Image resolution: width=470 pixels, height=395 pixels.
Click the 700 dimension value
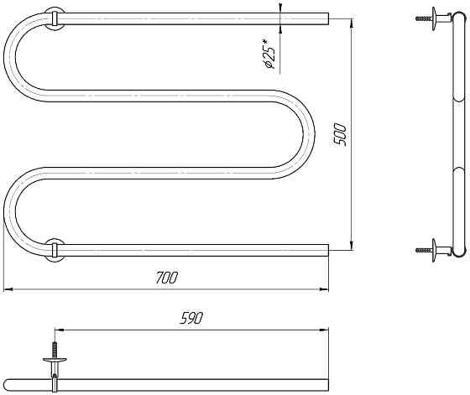tap(167, 278)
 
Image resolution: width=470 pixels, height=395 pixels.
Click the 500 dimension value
tap(341, 134)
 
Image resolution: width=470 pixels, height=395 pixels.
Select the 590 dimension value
tap(191, 318)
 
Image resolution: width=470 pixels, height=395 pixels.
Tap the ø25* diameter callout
tap(269, 55)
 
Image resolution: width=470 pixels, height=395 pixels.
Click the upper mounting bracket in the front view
tap(55, 18)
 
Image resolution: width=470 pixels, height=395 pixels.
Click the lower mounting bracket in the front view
tap(55, 250)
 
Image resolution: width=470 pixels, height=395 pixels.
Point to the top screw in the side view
tap(424, 18)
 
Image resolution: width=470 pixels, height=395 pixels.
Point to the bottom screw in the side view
tap(424, 250)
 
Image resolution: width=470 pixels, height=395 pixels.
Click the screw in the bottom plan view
tap(55, 350)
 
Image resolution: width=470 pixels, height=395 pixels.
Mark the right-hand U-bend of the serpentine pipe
tap(309, 134)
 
